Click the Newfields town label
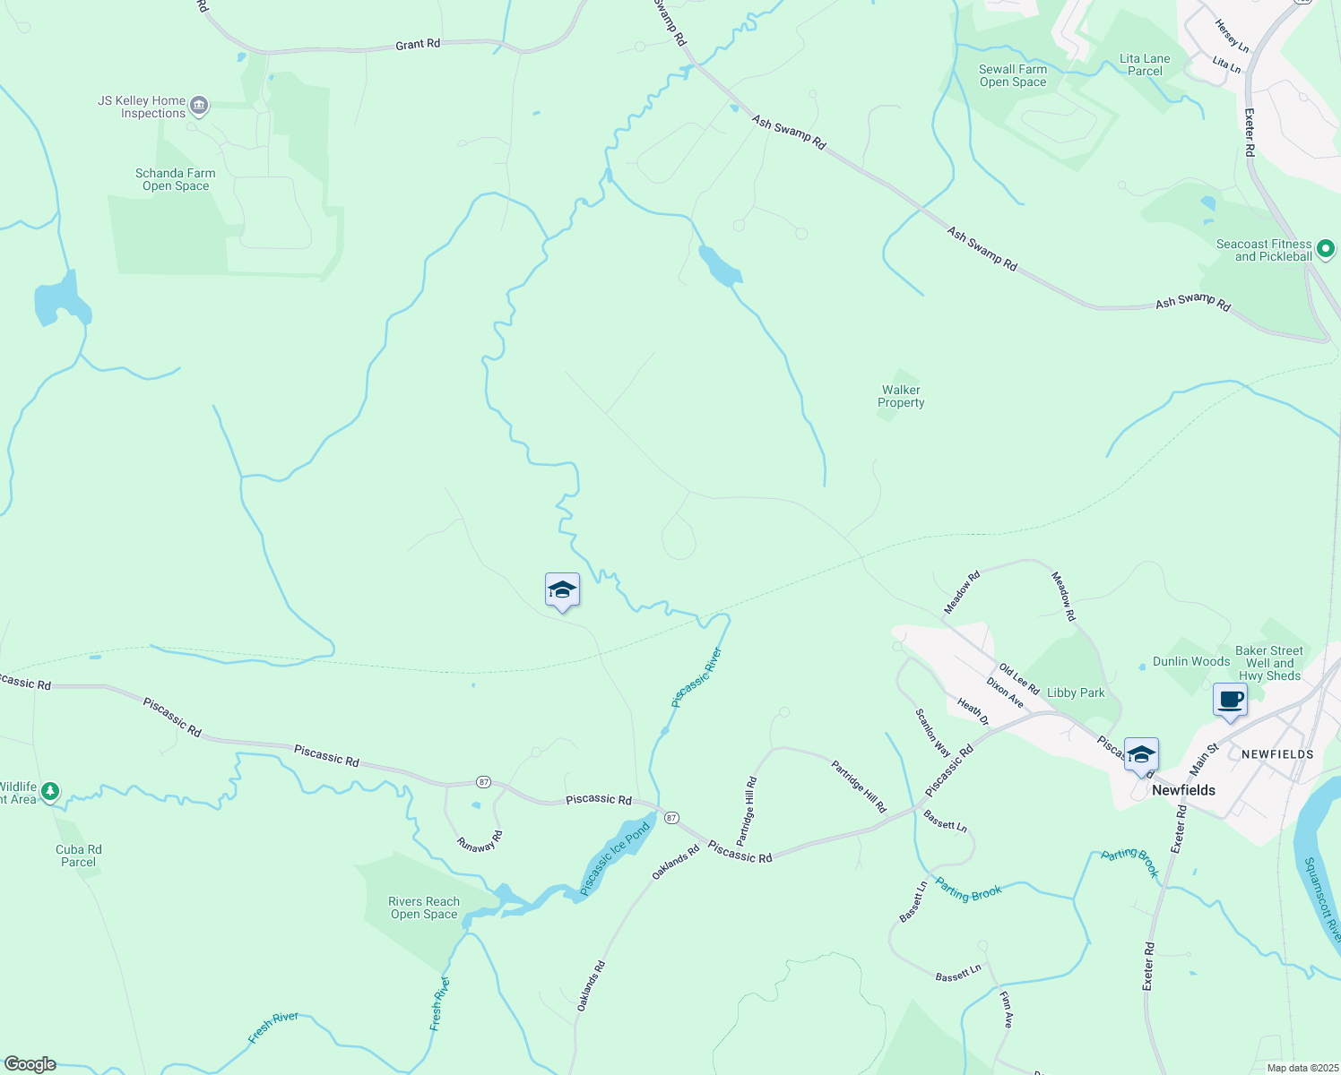click(1183, 790)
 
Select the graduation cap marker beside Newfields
click(1140, 755)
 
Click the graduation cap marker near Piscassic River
click(562, 590)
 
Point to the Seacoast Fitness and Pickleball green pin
click(1325, 249)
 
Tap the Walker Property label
click(901, 396)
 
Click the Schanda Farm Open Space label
click(176, 179)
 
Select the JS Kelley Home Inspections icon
click(199, 107)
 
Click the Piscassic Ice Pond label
click(615, 859)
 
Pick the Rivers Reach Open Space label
click(424, 907)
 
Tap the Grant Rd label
click(418, 44)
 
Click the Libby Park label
click(1076, 692)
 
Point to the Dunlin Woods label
click(1191, 661)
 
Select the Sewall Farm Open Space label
click(1013, 75)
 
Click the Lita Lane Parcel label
click(1145, 64)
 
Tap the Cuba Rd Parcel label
click(79, 856)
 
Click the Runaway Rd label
click(480, 840)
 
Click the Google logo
click(30, 1064)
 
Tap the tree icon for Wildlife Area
click(50, 791)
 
